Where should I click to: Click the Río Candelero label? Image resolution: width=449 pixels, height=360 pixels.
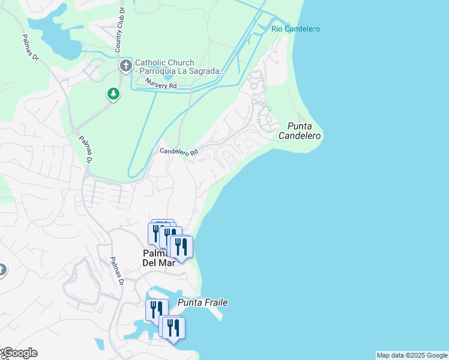click(x=295, y=29)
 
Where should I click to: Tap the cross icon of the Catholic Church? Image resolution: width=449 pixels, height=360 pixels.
click(x=125, y=65)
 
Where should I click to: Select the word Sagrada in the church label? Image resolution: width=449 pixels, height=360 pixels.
click(x=208, y=71)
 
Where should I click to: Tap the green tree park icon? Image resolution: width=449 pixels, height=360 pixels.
click(x=112, y=94)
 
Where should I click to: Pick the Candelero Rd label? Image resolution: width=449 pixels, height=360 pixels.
click(x=179, y=152)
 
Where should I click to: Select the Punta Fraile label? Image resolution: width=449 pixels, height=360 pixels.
click(x=203, y=302)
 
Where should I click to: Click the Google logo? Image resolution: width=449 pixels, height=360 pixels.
click(x=19, y=353)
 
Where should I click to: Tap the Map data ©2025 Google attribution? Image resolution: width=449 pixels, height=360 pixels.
click(x=412, y=355)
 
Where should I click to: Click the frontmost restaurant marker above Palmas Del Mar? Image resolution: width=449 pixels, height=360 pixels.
click(x=181, y=247)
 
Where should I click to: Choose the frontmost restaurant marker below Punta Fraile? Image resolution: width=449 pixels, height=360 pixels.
click(x=173, y=328)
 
